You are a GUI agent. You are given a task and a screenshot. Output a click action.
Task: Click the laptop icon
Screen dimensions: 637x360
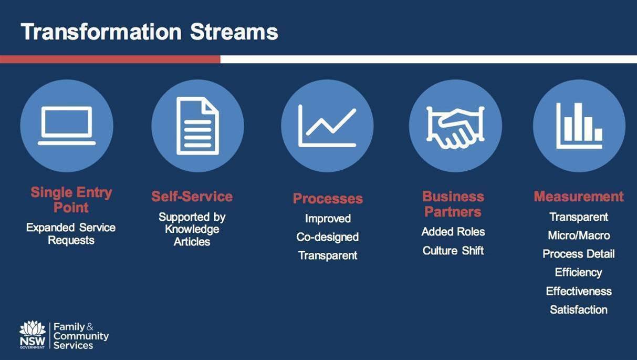click(x=67, y=125)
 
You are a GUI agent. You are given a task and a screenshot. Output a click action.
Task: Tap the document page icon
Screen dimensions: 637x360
click(x=197, y=126)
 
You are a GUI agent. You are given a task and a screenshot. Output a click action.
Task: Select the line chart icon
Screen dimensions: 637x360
click(x=327, y=126)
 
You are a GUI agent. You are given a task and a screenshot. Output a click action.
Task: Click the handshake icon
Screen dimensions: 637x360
click(x=455, y=128)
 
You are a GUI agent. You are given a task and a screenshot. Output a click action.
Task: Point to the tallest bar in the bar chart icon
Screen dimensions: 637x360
click(x=578, y=121)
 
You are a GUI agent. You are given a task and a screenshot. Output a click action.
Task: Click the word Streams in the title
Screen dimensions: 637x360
click(x=234, y=32)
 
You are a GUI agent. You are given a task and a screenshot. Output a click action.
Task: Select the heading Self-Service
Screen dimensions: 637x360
click(x=192, y=197)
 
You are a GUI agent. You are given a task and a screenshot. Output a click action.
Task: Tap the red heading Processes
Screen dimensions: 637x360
click(x=328, y=198)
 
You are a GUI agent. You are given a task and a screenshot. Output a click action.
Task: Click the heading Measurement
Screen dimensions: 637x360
click(x=578, y=197)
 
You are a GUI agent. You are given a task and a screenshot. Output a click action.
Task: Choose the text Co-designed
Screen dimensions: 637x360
click(x=328, y=237)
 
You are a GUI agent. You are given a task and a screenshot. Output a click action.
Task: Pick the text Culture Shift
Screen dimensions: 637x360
click(x=453, y=251)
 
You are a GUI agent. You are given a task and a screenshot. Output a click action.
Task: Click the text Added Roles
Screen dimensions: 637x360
click(x=453, y=232)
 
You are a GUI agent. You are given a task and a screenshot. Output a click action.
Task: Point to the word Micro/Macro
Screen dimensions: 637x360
click(x=579, y=235)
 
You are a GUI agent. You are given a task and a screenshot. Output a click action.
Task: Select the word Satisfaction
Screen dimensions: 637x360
click(x=578, y=310)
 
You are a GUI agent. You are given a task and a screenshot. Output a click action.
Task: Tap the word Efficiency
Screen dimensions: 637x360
click(x=578, y=272)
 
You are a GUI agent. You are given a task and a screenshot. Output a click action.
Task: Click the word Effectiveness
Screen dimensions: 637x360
click(x=579, y=291)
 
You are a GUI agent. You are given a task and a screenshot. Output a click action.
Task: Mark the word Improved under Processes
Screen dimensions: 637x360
click(x=328, y=219)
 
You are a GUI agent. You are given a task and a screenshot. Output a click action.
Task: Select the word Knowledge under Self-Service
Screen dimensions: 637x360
click(x=192, y=229)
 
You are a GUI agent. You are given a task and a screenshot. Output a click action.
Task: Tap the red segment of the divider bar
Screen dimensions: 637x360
click(x=110, y=59)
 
